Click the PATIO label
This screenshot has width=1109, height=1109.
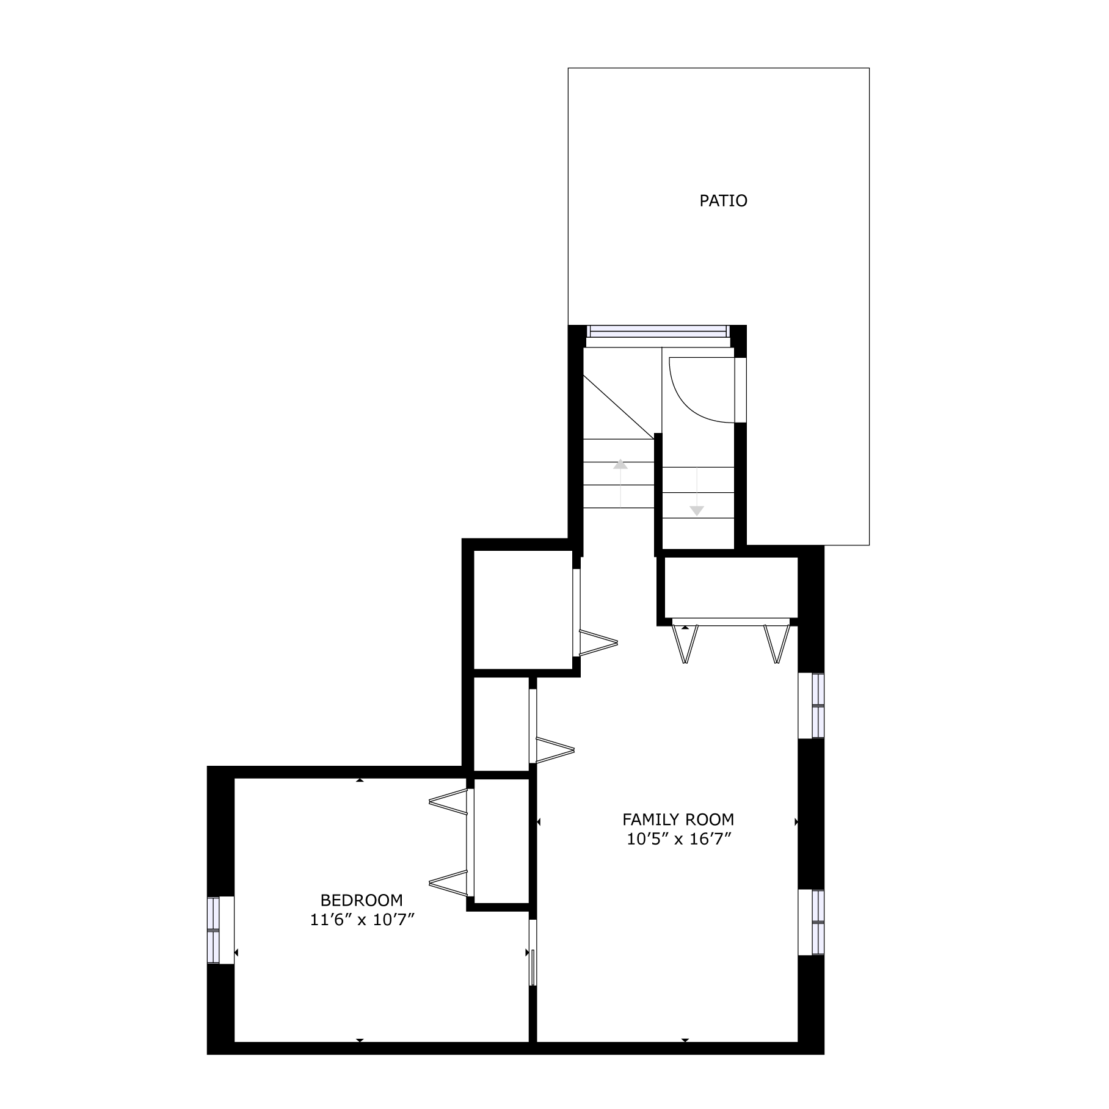[723, 201]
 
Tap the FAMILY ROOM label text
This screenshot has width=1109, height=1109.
[678, 820]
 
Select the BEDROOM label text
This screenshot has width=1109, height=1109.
[362, 900]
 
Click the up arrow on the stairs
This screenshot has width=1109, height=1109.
[620, 482]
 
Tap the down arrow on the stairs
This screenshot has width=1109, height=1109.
[697, 492]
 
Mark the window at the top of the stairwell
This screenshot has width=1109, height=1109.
[658, 332]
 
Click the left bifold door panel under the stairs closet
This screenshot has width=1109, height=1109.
[686, 644]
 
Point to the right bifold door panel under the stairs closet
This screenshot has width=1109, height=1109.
[776, 644]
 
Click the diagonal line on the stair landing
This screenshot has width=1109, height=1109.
[619, 407]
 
